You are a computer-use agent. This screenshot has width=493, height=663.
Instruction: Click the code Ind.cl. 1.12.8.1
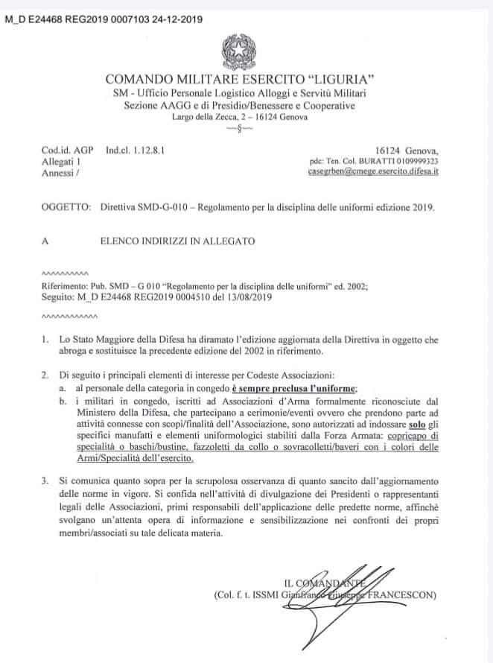[134, 150]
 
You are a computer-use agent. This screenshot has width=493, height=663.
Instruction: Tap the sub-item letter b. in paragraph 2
[63, 400]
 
